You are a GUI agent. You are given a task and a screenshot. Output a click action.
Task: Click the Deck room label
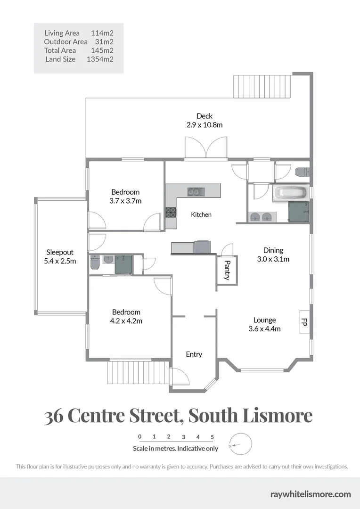[x=205, y=116]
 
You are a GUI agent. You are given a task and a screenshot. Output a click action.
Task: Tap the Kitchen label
[x=201, y=214]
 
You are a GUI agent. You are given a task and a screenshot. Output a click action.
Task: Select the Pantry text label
[x=227, y=270]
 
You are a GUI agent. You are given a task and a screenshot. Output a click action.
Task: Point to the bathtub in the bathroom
[x=289, y=193]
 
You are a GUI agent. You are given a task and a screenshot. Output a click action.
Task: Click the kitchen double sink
[x=193, y=191]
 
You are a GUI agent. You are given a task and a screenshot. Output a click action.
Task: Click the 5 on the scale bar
[x=213, y=437]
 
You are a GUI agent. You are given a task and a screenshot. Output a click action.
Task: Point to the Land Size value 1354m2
[x=100, y=59]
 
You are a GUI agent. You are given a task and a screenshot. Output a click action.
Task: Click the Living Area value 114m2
[x=102, y=33]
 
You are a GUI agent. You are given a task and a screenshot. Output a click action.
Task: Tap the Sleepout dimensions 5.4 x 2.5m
[x=60, y=261]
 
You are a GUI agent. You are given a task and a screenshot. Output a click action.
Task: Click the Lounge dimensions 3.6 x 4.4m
[x=264, y=329]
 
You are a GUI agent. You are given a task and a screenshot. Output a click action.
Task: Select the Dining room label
[x=273, y=250]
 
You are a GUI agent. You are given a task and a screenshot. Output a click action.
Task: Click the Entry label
[x=194, y=354]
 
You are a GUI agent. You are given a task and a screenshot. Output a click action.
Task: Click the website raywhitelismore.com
[x=311, y=494]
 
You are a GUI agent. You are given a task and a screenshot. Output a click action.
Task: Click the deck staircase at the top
[x=262, y=86]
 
